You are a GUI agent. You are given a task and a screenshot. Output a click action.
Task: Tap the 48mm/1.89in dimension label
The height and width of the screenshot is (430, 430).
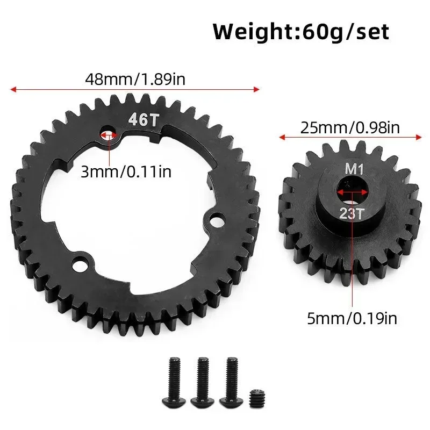click(x=136, y=79)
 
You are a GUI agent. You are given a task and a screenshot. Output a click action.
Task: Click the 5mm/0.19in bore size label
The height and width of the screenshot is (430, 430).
click(x=353, y=318)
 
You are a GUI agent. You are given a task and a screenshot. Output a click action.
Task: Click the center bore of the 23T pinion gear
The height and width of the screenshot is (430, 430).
click(x=352, y=191)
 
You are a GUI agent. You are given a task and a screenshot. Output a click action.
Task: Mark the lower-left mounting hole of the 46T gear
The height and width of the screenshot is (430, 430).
click(x=82, y=263)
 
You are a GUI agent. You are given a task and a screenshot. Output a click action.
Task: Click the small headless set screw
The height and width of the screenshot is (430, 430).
click(x=257, y=400)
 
